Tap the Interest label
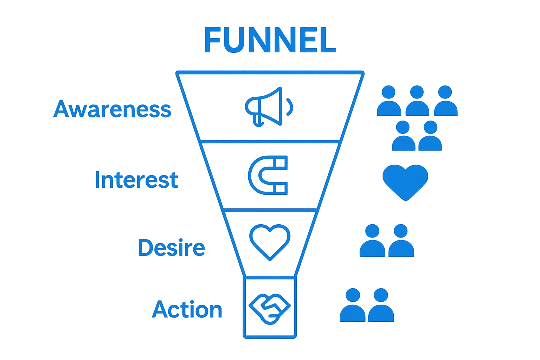pos(136,180)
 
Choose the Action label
pos(187,310)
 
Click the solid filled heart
pos(405,181)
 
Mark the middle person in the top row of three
pos(417,101)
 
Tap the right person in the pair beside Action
pos(381,305)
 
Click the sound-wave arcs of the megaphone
pos(290,106)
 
